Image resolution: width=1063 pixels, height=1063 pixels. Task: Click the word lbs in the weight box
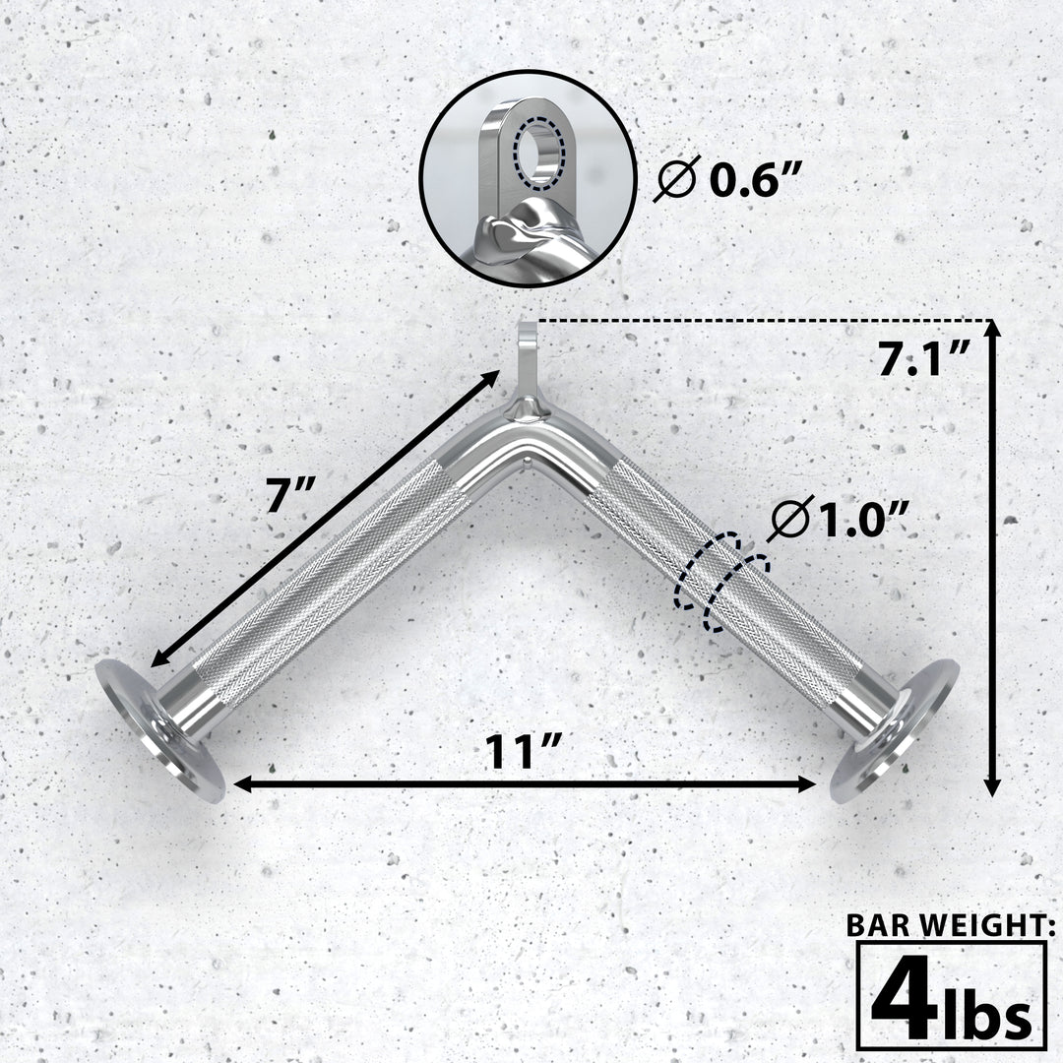(x=988, y=1014)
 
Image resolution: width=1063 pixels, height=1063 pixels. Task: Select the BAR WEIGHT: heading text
(x=952, y=926)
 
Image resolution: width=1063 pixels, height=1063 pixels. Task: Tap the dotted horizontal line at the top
(x=758, y=321)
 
